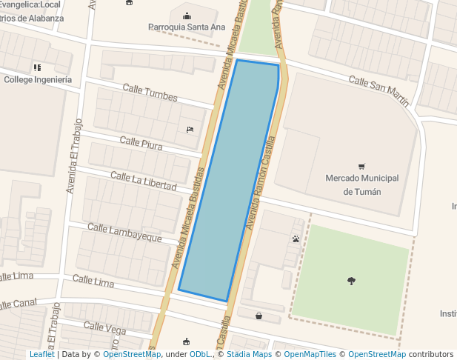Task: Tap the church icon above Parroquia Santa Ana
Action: pos(186,15)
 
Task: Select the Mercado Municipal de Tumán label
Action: pos(362,184)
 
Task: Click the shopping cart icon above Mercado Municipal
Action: pos(361,167)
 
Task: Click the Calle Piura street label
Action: pos(141,142)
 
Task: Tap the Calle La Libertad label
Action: pos(143,180)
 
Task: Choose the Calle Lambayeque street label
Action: pos(124,232)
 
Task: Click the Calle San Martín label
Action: pos(378,90)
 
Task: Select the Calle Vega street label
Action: pos(105,327)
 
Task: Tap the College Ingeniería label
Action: pos(38,79)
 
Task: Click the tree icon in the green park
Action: pos(351,280)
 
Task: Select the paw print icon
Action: pos(296,239)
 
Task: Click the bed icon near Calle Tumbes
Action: pos(190,130)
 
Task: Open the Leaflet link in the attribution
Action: pos(41,354)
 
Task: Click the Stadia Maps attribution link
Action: pos(249,354)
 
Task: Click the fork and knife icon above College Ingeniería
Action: pos(37,67)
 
